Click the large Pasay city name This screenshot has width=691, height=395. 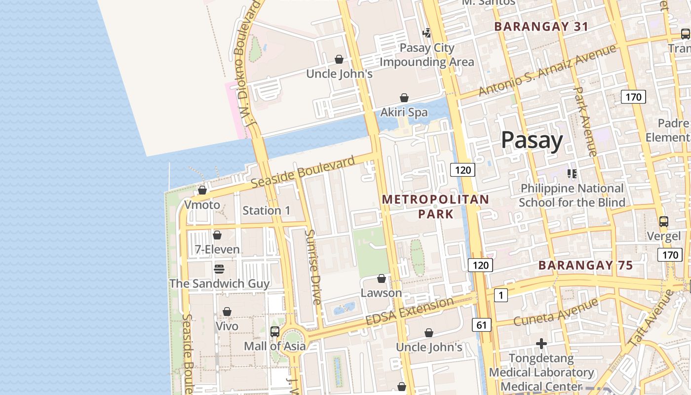click(x=532, y=141)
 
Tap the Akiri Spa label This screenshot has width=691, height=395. click(x=404, y=113)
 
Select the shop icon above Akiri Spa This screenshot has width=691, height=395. click(x=404, y=98)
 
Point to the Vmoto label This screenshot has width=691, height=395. click(x=202, y=204)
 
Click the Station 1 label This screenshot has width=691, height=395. click(x=267, y=210)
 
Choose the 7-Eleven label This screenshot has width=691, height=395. click(x=217, y=249)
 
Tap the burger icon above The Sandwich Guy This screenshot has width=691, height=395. click(x=219, y=269)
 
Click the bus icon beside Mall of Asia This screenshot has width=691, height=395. click(x=275, y=332)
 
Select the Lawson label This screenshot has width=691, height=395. click(x=381, y=293)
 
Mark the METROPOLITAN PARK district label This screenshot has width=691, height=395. click(x=436, y=206)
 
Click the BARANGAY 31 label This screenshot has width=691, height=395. click(x=541, y=27)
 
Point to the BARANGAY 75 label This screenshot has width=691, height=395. click(x=585, y=265)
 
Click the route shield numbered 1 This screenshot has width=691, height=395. click(x=500, y=295)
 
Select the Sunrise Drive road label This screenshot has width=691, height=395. click(x=313, y=267)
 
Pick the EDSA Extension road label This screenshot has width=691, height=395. click(x=409, y=311)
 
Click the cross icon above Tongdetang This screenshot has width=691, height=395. click(x=541, y=344)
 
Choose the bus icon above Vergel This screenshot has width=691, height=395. click(x=664, y=222)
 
